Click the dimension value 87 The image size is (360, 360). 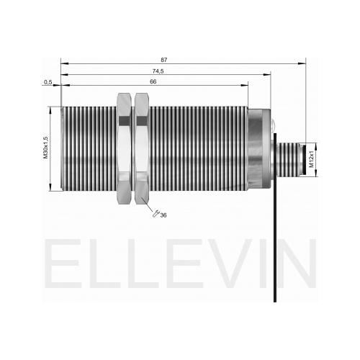click(163, 60)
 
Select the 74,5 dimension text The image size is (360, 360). click(158, 71)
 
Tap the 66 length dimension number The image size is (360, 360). click(153, 81)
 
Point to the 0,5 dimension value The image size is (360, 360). click(48, 82)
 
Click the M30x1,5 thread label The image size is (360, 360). click(45, 148)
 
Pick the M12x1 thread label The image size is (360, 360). click(312, 159)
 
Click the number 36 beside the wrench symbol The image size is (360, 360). click(163, 215)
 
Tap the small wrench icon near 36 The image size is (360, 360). click(156, 213)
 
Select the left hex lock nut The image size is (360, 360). click(124, 148)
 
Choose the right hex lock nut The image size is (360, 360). click(142, 148)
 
